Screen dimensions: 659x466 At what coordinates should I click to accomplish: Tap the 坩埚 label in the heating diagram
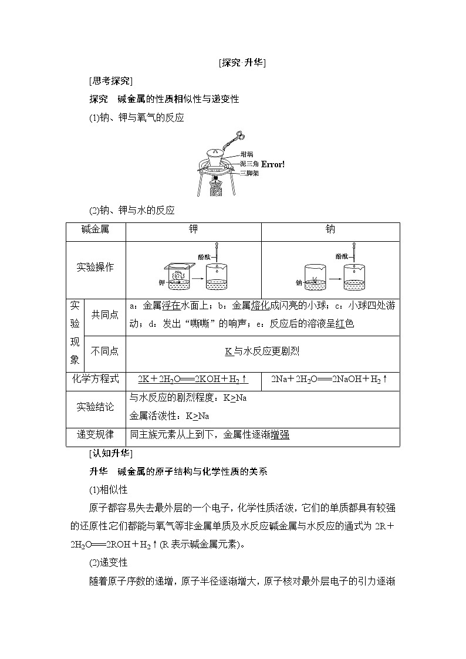tap(247, 154)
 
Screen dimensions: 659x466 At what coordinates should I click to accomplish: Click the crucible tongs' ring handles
tap(240, 136)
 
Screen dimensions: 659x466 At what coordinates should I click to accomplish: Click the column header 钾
tap(193, 230)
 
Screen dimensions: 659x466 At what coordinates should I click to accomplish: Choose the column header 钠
tap(330, 230)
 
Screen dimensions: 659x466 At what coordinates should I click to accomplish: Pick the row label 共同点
tap(104, 315)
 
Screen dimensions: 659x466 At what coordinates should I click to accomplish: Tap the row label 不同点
tap(104, 351)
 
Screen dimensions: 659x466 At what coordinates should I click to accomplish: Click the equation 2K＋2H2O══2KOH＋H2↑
tap(193, 379)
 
